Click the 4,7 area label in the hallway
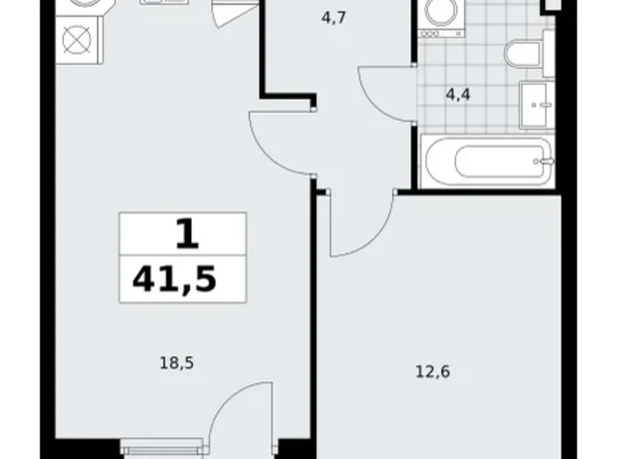pos(333,18)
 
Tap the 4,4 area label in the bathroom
pos(458,95)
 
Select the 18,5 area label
pos(176,363)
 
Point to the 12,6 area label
pos(433,372)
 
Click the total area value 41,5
pos(175,279)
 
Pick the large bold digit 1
pos(187,233)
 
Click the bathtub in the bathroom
pos(487,161)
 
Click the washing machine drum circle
pos(441,11)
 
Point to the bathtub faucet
pos(545,161)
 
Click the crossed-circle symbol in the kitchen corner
pos(78,40)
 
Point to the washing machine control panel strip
pos(441,34)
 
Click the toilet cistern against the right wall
pos(548,53)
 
